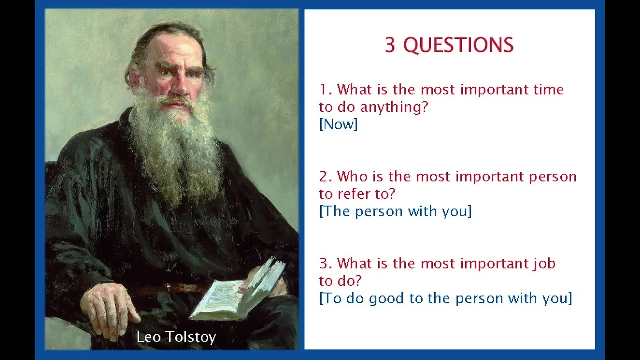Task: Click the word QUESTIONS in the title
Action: tap(458, 45)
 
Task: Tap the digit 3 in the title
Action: tap(390, 45)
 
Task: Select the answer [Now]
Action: tap(338, 124)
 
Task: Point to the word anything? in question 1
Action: tap(394, 107)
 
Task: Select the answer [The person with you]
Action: tap(395, 211)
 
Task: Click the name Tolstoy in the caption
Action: tap(191, 337)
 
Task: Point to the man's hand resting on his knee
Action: tap(110, 308)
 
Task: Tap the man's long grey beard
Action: tap(175, 148)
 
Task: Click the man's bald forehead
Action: tap(174, 48)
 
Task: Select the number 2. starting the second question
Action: tap(326, 177)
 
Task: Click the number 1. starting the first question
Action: tap(326, 90)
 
